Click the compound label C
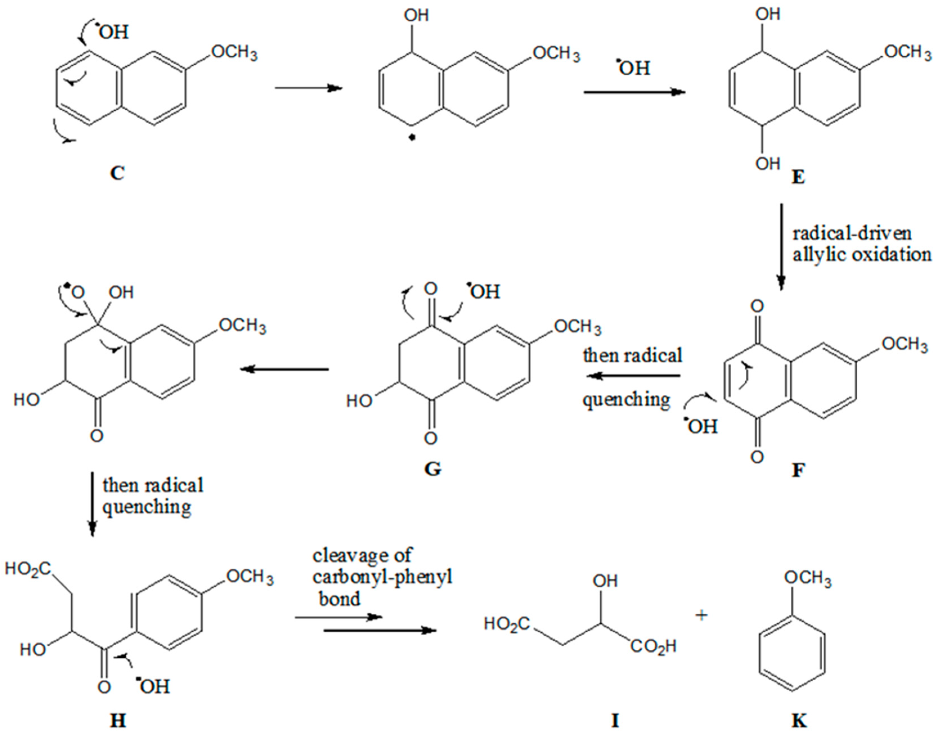[117, 174]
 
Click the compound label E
[798, 177]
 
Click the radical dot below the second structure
[412, 138]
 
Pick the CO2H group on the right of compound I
[653, 646]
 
